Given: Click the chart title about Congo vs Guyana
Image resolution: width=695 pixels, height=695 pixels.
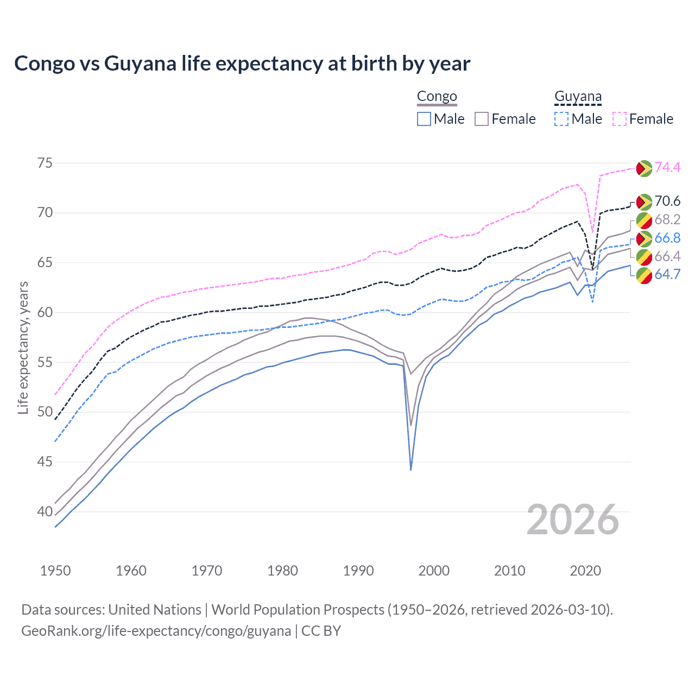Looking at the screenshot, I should coord(242,64).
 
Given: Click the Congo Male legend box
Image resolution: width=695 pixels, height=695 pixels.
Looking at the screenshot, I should coord(424,119).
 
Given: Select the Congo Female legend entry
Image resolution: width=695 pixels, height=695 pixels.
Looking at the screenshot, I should coord(506,119).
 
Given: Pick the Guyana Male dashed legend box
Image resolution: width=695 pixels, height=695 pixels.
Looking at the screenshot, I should coord(561,119).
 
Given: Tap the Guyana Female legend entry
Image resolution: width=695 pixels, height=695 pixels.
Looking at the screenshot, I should coord(643,119).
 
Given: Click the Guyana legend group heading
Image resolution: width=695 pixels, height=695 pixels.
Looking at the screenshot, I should coord(578,97).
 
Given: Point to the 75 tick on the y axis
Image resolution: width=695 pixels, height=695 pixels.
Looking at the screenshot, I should coord(46,163).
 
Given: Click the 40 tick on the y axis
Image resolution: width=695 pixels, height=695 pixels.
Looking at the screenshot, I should coord(46,511).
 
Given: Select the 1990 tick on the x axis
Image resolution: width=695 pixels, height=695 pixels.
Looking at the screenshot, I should coord(358,571).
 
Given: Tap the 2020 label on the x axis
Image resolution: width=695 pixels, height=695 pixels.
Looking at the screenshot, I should coord(585,571).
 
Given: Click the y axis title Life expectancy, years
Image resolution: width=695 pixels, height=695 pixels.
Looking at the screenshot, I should coord(23,347).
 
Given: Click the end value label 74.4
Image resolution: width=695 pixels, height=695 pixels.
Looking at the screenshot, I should coord(667,167).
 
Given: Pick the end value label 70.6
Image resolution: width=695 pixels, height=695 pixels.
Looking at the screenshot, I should coord(667,201).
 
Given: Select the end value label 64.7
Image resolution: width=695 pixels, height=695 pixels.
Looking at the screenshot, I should coord(667,274).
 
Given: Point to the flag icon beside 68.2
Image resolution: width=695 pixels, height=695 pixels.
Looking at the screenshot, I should coord(644,220).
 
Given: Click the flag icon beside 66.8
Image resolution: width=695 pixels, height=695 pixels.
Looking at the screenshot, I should coord(644,238).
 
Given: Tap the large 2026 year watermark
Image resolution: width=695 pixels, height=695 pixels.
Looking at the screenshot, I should coord(573,520).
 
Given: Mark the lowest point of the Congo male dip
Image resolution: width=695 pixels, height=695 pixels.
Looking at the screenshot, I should coord(411,470).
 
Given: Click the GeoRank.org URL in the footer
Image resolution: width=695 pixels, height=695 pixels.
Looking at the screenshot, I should coord(156,631).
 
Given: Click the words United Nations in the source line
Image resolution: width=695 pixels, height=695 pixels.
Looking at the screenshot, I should coord(155,610).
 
